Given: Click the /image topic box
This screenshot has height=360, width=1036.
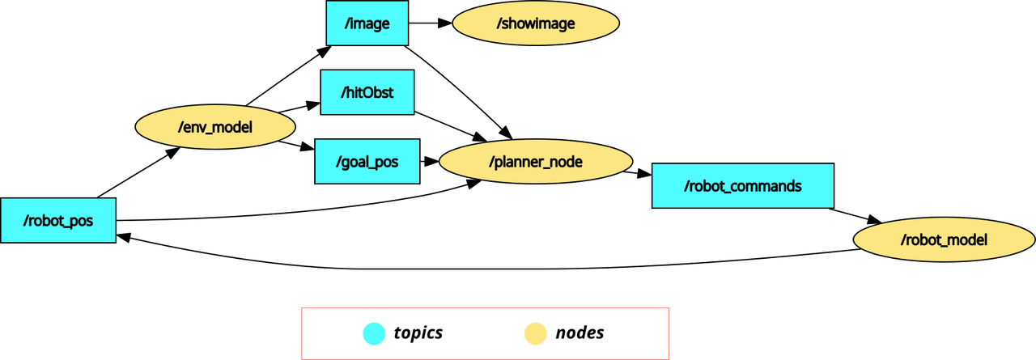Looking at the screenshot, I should point(367,23).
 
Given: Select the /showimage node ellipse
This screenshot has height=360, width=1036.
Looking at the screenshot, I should point(536,23).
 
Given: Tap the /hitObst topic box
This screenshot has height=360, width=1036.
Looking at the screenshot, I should point(367,92).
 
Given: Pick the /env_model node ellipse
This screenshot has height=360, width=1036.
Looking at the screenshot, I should point(215,127).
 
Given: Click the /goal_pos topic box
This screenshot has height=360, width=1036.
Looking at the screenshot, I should point(367,161).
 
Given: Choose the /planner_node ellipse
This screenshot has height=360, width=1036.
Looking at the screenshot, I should point(536,161).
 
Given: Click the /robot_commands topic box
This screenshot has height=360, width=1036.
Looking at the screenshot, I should point(742,186).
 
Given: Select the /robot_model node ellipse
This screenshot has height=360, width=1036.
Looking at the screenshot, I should point(944,239).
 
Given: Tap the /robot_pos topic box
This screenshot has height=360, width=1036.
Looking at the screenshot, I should point(57,220).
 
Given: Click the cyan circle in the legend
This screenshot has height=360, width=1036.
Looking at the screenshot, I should point(374,333).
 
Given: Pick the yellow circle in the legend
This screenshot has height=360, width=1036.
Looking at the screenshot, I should point(536,333).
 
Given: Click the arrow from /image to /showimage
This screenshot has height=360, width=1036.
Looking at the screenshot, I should point(430,23).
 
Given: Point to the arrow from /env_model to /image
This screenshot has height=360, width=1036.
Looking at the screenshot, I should point(287,76).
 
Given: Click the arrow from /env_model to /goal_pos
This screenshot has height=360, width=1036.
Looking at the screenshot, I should point(296,146).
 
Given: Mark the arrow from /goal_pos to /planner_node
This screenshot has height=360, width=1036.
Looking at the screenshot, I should point(430,161).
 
